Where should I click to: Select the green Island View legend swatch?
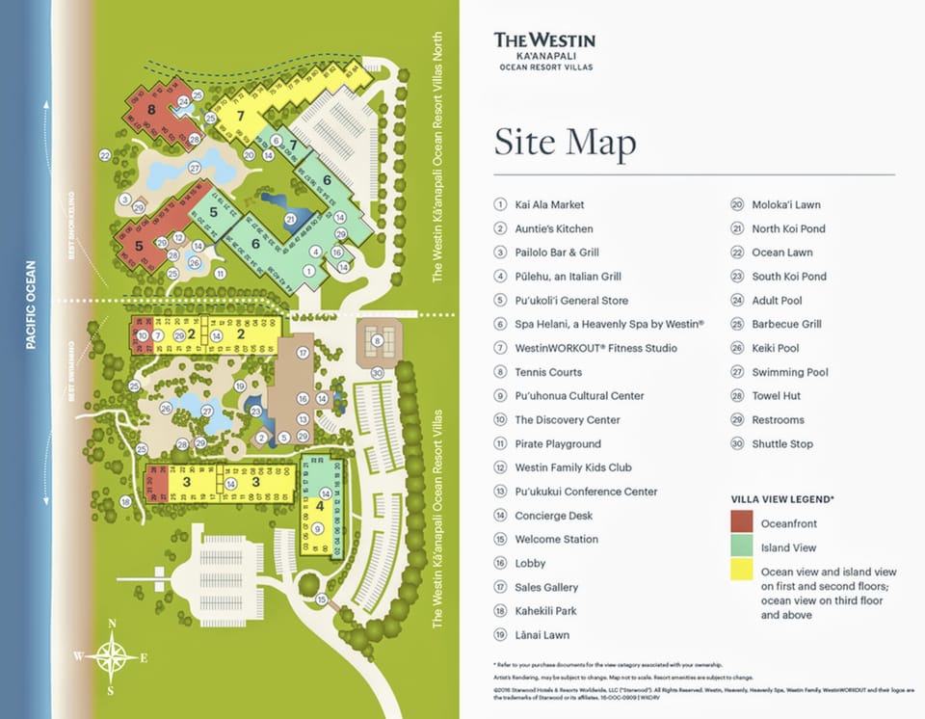[x=741, y=546]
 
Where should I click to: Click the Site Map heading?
[x=565, y=143]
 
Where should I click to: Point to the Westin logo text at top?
[x=544, y=40]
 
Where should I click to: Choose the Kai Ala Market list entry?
[x=549, y=204]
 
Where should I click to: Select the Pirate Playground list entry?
[x=557, y=443]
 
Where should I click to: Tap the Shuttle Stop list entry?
[x=782, y=443]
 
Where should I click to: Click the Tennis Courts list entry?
[x=548, y=372]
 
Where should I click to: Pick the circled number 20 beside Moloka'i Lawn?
[x=737, y=204]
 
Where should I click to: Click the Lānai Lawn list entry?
[x=542, y=635]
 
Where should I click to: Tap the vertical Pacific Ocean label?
[x=30, y=305]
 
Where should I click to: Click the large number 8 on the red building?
[x=152, y=110]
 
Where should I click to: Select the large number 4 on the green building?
[x=320, y=503]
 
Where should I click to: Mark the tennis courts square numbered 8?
[x=379, y=339]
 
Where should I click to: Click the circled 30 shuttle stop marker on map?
[x=377, y=373]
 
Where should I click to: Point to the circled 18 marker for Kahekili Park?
[x=126, y=501]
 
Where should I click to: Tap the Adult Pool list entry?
[x=779, y=301]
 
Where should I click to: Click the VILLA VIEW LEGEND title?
[x=782, y=499]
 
